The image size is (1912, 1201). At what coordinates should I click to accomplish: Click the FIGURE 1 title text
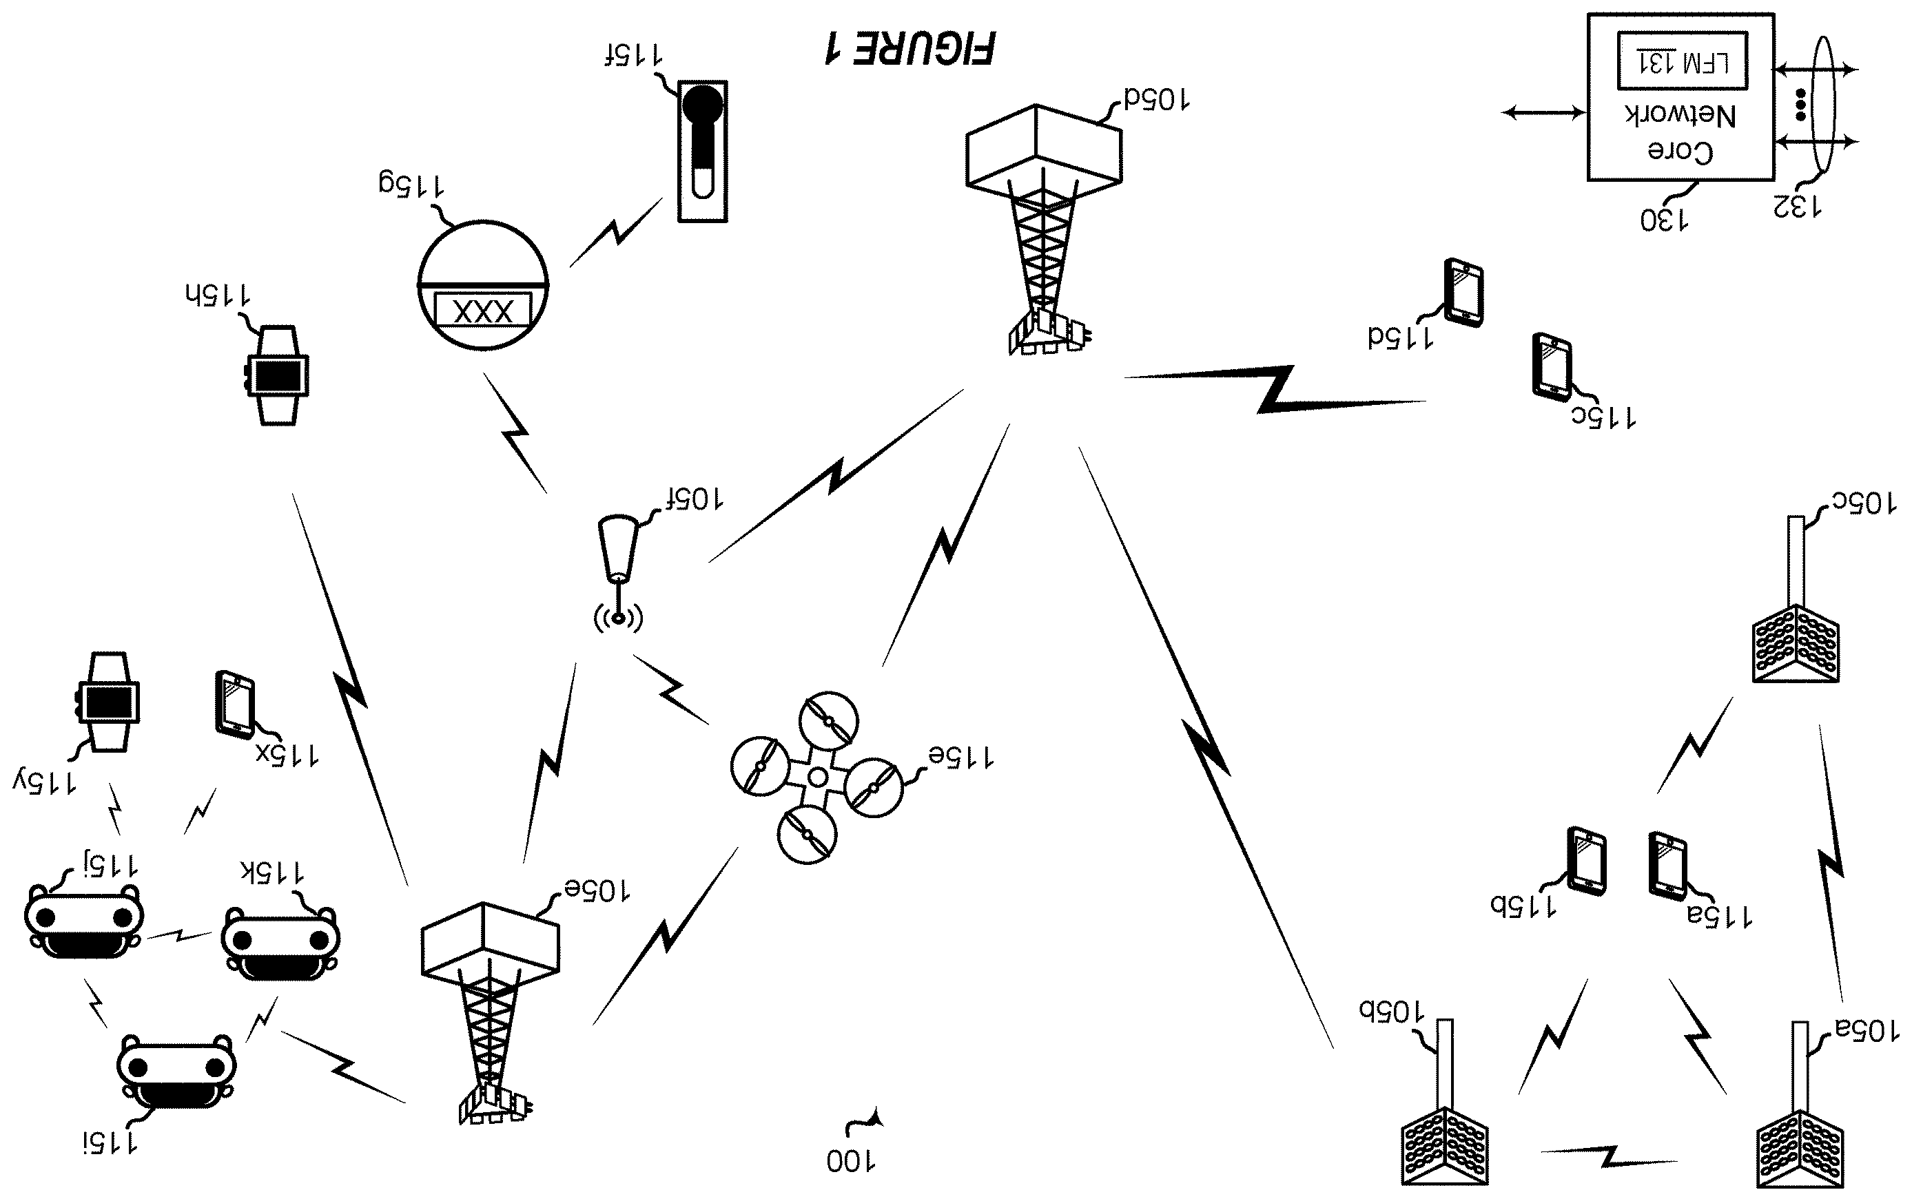point(909,49)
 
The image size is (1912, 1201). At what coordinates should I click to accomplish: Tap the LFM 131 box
point(1682,61)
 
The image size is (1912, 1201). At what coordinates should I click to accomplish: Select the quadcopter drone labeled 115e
point(816,777)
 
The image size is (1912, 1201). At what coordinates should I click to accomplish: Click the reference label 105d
point(1155,99)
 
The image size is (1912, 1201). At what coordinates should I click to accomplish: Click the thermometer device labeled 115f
point(703,151)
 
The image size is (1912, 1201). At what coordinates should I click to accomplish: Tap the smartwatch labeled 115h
point(276,375)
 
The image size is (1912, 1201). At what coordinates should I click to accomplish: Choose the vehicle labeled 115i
point(176,1072)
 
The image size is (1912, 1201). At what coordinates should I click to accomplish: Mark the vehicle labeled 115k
point(280,943)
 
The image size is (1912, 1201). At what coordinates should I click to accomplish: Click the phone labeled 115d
point(1463,291)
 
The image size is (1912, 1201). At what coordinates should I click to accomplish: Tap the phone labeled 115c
point(1552,367)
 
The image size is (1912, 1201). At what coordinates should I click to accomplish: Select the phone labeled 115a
point(1667,866)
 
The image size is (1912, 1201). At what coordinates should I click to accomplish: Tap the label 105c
point(1864,503)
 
